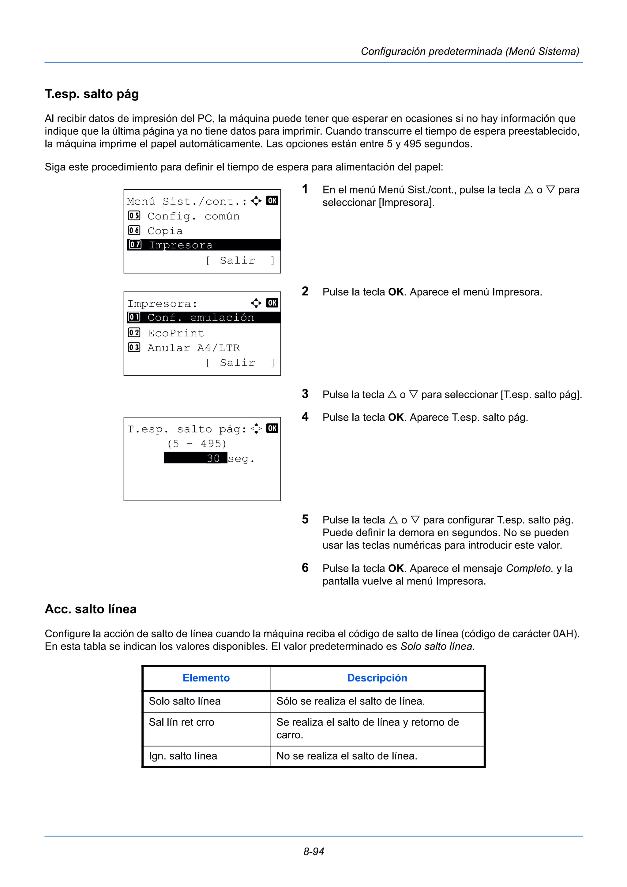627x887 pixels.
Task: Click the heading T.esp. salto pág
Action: pos(92,94)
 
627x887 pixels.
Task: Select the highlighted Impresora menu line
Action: pos(203,245)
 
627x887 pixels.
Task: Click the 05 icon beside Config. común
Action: pos(134,215)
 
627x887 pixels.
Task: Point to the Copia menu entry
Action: pos(165,231)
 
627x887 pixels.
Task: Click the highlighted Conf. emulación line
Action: pos(203,318)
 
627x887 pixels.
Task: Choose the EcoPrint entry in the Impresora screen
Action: pos(175,333)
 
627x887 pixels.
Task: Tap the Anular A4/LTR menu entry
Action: pos(193,348)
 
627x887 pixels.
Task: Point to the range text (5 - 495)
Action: pos(197,443)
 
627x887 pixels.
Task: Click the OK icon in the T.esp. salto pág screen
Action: pos(272,428)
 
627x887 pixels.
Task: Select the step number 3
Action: pos(305,394)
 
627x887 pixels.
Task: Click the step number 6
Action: pos(305,568)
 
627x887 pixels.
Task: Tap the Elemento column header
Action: pos(206,678)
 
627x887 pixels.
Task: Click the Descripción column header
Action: pos(377,678)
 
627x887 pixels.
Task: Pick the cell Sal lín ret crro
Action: pos(182,722)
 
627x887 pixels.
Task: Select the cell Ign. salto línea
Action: pos(183,756)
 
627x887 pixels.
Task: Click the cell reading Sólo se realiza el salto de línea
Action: pos(351,701)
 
